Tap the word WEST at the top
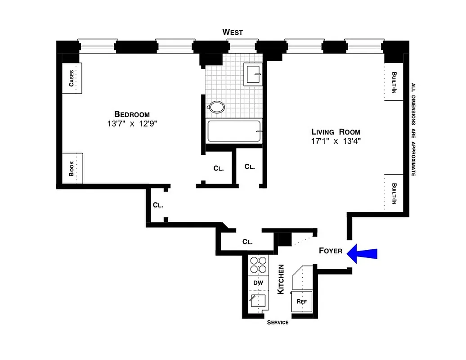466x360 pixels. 233,32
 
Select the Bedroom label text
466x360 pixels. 131,114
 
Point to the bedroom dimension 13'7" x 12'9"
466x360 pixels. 131,124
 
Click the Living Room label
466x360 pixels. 336,132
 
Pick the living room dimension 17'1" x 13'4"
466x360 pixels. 336,141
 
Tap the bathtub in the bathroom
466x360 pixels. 234,131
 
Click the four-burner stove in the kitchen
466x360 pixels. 258,265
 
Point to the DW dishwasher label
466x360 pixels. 258,283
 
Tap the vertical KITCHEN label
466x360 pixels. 281,279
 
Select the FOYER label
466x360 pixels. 331,251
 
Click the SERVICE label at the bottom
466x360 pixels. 278,323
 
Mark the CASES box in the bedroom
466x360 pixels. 72,78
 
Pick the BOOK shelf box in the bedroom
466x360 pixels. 72,168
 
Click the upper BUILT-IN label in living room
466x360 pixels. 394,82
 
